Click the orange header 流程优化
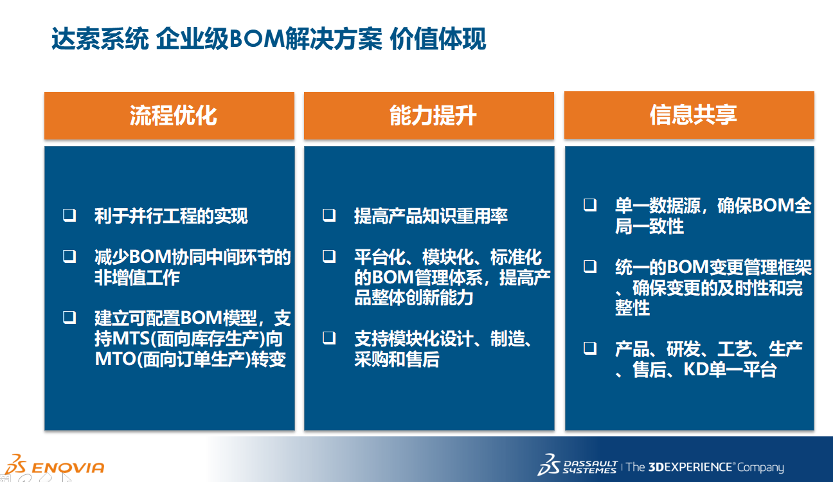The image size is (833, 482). coord(169,116)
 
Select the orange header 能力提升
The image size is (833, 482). coord(429,116)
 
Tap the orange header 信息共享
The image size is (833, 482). coord(689,115)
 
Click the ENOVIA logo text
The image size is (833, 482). coord(67,467)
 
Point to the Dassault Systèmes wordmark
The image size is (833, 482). coord(590,467)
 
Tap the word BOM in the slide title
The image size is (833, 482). coord(257,39)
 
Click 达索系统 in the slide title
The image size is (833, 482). coord(100,39)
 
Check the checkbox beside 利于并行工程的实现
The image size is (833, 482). coord(69,215)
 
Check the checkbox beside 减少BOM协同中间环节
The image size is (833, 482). coord(69,256)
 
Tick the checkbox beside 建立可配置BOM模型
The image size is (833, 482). coord(69,317)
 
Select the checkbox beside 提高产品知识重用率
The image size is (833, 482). coord(329,215)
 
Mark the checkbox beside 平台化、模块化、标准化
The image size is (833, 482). coord(329,256)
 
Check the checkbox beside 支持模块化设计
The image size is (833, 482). coord(329,338)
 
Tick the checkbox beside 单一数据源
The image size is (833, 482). coord(590,205)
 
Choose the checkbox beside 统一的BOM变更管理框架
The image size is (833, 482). coord(590,267)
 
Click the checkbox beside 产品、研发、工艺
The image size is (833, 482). coord(590,348)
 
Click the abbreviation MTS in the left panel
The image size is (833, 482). coord(131,339)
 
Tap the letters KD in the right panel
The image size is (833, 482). coord(696,370)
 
